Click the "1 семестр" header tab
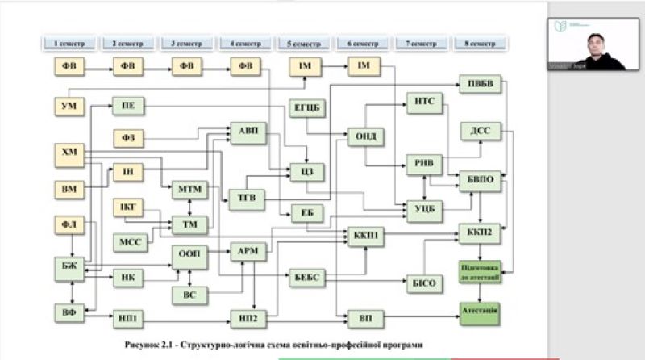[x=69, y=40]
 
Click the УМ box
[x=69, y=106]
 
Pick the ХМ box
[x=69, y=153]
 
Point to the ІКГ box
[x=128, y=206]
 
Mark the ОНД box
[x=362, y=136]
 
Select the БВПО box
[x=481, y=180]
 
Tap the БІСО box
[x=425, y=282]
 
